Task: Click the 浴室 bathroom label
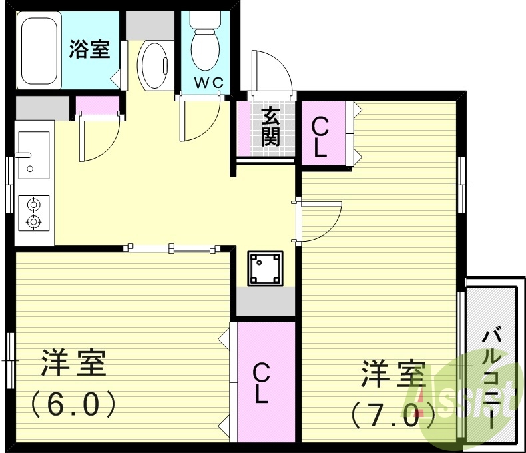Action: tap(89, 49)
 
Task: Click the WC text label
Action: tap(208, 83)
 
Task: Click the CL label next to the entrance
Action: tap(320, 137)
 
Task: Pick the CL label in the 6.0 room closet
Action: tap(260, 384)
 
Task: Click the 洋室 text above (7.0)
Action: tap(393, 375)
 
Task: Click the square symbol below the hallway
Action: tap(265, 268)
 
